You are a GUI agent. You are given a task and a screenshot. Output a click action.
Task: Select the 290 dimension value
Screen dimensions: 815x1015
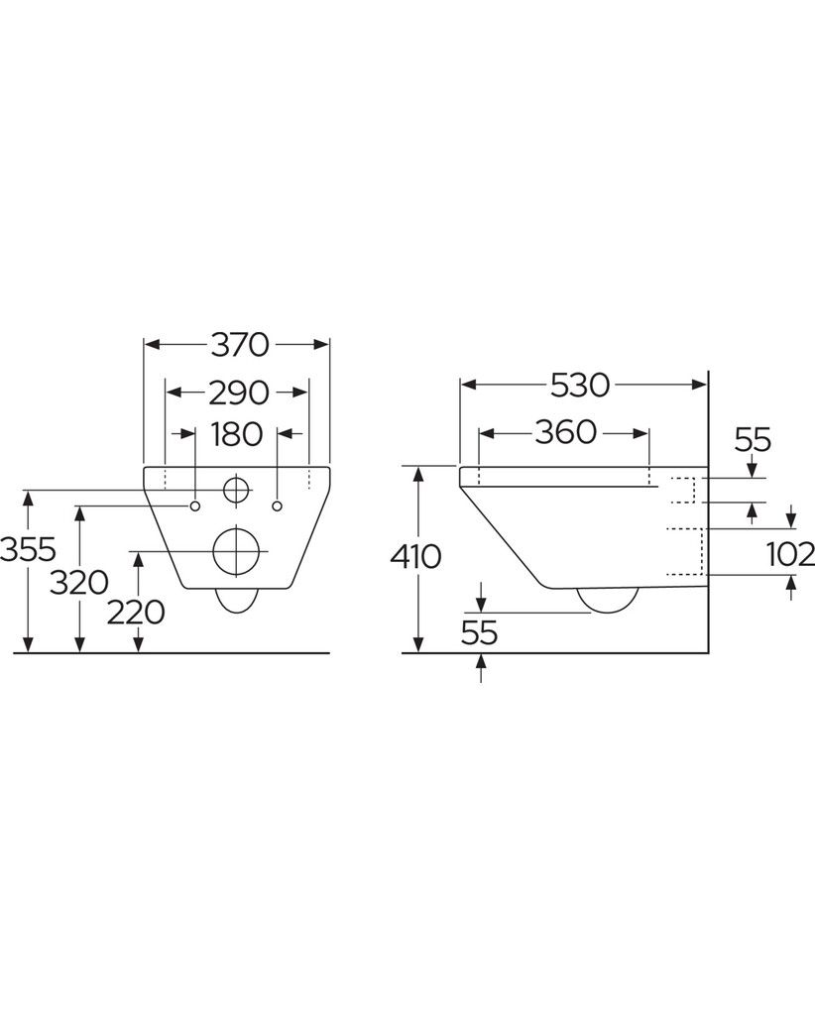tap(238, 393)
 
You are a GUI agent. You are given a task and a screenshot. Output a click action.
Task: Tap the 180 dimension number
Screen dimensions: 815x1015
tap(237, 434)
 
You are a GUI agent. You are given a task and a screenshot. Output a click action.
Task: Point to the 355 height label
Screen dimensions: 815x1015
tap(28, 550)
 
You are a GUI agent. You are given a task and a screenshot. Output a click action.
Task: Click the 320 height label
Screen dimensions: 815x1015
tap(79, 583)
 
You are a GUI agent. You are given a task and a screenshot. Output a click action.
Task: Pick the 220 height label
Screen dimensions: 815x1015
tap(136, 612)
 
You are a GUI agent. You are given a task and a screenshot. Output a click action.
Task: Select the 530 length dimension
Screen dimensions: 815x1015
tap(580, 385)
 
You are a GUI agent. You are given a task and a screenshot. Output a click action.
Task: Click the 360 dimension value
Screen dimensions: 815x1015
tap(565, 432)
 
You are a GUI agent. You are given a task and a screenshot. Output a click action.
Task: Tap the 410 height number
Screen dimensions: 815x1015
tap(416, 557)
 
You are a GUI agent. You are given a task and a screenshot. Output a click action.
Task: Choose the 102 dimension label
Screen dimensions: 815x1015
tap(790, 554)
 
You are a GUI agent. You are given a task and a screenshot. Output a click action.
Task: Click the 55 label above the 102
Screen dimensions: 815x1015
tap(753, 441)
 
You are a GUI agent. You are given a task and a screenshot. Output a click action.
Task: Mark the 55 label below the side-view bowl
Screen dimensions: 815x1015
tap(479, 632)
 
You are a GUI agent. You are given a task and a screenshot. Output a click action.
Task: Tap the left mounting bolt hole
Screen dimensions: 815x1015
tap(195, 506)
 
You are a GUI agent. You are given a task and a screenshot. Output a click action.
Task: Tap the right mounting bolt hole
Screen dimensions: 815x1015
tap(279, 506)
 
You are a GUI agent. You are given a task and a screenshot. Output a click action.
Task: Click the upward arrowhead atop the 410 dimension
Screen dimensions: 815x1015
tap(418, 474)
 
